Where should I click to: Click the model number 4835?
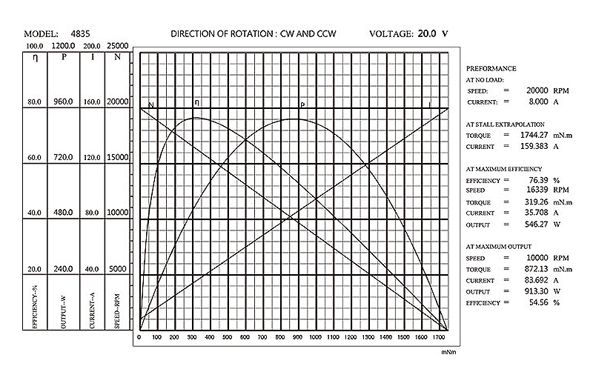(82, 34)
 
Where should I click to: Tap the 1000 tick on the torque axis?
(315, 338)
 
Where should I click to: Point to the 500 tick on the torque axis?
(227, 338)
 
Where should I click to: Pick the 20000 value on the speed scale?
(118, 102)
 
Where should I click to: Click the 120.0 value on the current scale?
(92, 158)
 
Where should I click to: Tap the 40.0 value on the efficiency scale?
(34, 213)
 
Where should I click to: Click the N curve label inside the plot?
(151, 105)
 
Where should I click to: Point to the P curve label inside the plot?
(302, 104)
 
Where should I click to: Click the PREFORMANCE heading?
(491, 68)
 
